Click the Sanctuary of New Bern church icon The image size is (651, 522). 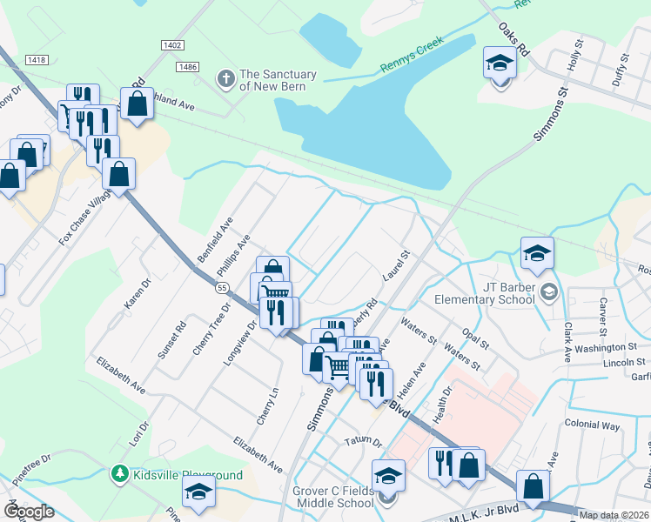[x=225, y=79]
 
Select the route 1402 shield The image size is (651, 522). [x=173, y=44]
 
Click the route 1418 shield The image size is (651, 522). [x=37, y=59]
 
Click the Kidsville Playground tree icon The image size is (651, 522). [x=119, y=474]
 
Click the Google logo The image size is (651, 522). [x=28, y=511]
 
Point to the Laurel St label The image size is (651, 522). [x=396, y=267]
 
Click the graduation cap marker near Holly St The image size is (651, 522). [x=500, y=64]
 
